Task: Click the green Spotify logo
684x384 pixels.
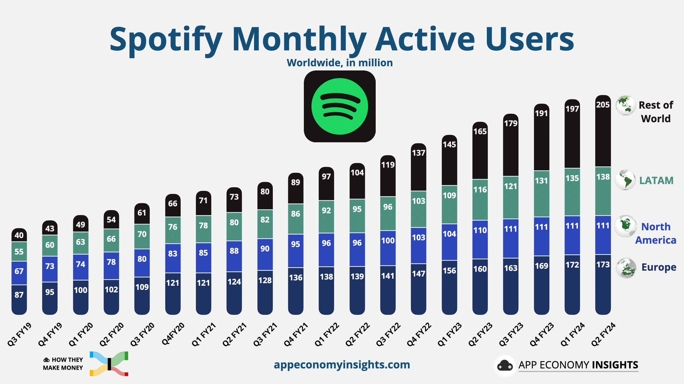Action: [339, 106]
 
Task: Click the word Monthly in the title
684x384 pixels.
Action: [299, 40]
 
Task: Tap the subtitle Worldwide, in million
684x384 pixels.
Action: [339, 63]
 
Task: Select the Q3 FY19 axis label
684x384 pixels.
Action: [19, 334]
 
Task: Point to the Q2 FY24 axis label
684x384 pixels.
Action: [603, 334]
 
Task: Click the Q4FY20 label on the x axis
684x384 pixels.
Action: [173, 334]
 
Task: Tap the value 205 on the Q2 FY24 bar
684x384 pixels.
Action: [603, 105]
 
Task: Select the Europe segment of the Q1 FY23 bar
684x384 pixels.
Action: [450, 287]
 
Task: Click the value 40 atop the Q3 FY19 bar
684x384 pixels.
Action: [19, 235]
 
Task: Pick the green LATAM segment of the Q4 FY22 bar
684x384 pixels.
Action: [419, 209]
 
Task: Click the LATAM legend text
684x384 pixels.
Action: [656, 180]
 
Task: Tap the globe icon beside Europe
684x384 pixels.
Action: [626, 268]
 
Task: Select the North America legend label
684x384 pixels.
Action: [656, 233]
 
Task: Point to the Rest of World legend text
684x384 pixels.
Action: [656, 112]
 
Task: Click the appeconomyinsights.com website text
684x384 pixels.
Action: [342, 365]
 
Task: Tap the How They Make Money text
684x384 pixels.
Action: [63, 364]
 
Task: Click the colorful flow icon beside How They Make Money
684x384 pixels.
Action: [109, 364]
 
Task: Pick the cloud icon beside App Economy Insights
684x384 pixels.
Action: [505, 365]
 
